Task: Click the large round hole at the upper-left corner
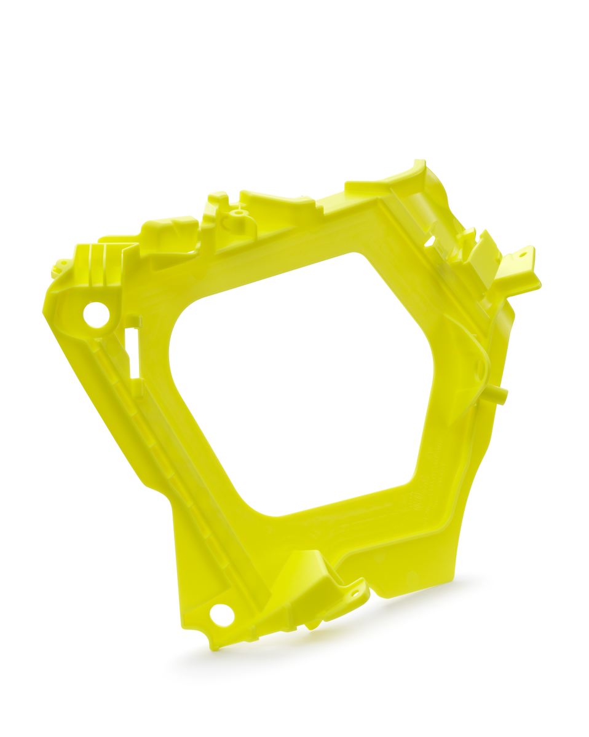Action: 97,314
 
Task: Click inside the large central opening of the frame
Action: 301,381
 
